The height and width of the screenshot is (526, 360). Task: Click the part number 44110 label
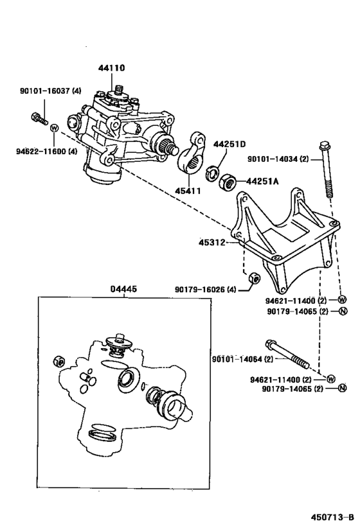(111, 68)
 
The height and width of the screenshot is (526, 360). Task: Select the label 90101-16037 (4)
(51, 91)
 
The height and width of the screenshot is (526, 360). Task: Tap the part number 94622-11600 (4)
(47, 152)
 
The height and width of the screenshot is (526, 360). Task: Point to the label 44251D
(230, 145)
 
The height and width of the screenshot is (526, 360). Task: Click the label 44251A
(262, 181)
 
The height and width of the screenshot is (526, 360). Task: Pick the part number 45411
(188, 191)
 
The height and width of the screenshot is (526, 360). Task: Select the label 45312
(212, 242)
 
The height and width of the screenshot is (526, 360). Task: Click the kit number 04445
(124, 289)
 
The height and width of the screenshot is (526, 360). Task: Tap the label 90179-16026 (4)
(206, 289)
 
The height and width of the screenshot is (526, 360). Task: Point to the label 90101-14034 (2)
(278, 159)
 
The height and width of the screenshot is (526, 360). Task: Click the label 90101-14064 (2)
(243, 359)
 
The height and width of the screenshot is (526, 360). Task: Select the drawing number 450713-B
(332, 516)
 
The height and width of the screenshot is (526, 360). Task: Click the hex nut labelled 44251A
(228, 182)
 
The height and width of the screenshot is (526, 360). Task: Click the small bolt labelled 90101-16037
(39, 119)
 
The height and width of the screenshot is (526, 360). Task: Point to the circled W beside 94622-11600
(55, 128)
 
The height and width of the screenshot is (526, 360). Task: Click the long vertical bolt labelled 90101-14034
(326, 170)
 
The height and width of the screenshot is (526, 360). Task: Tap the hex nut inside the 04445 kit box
(59, 361)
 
